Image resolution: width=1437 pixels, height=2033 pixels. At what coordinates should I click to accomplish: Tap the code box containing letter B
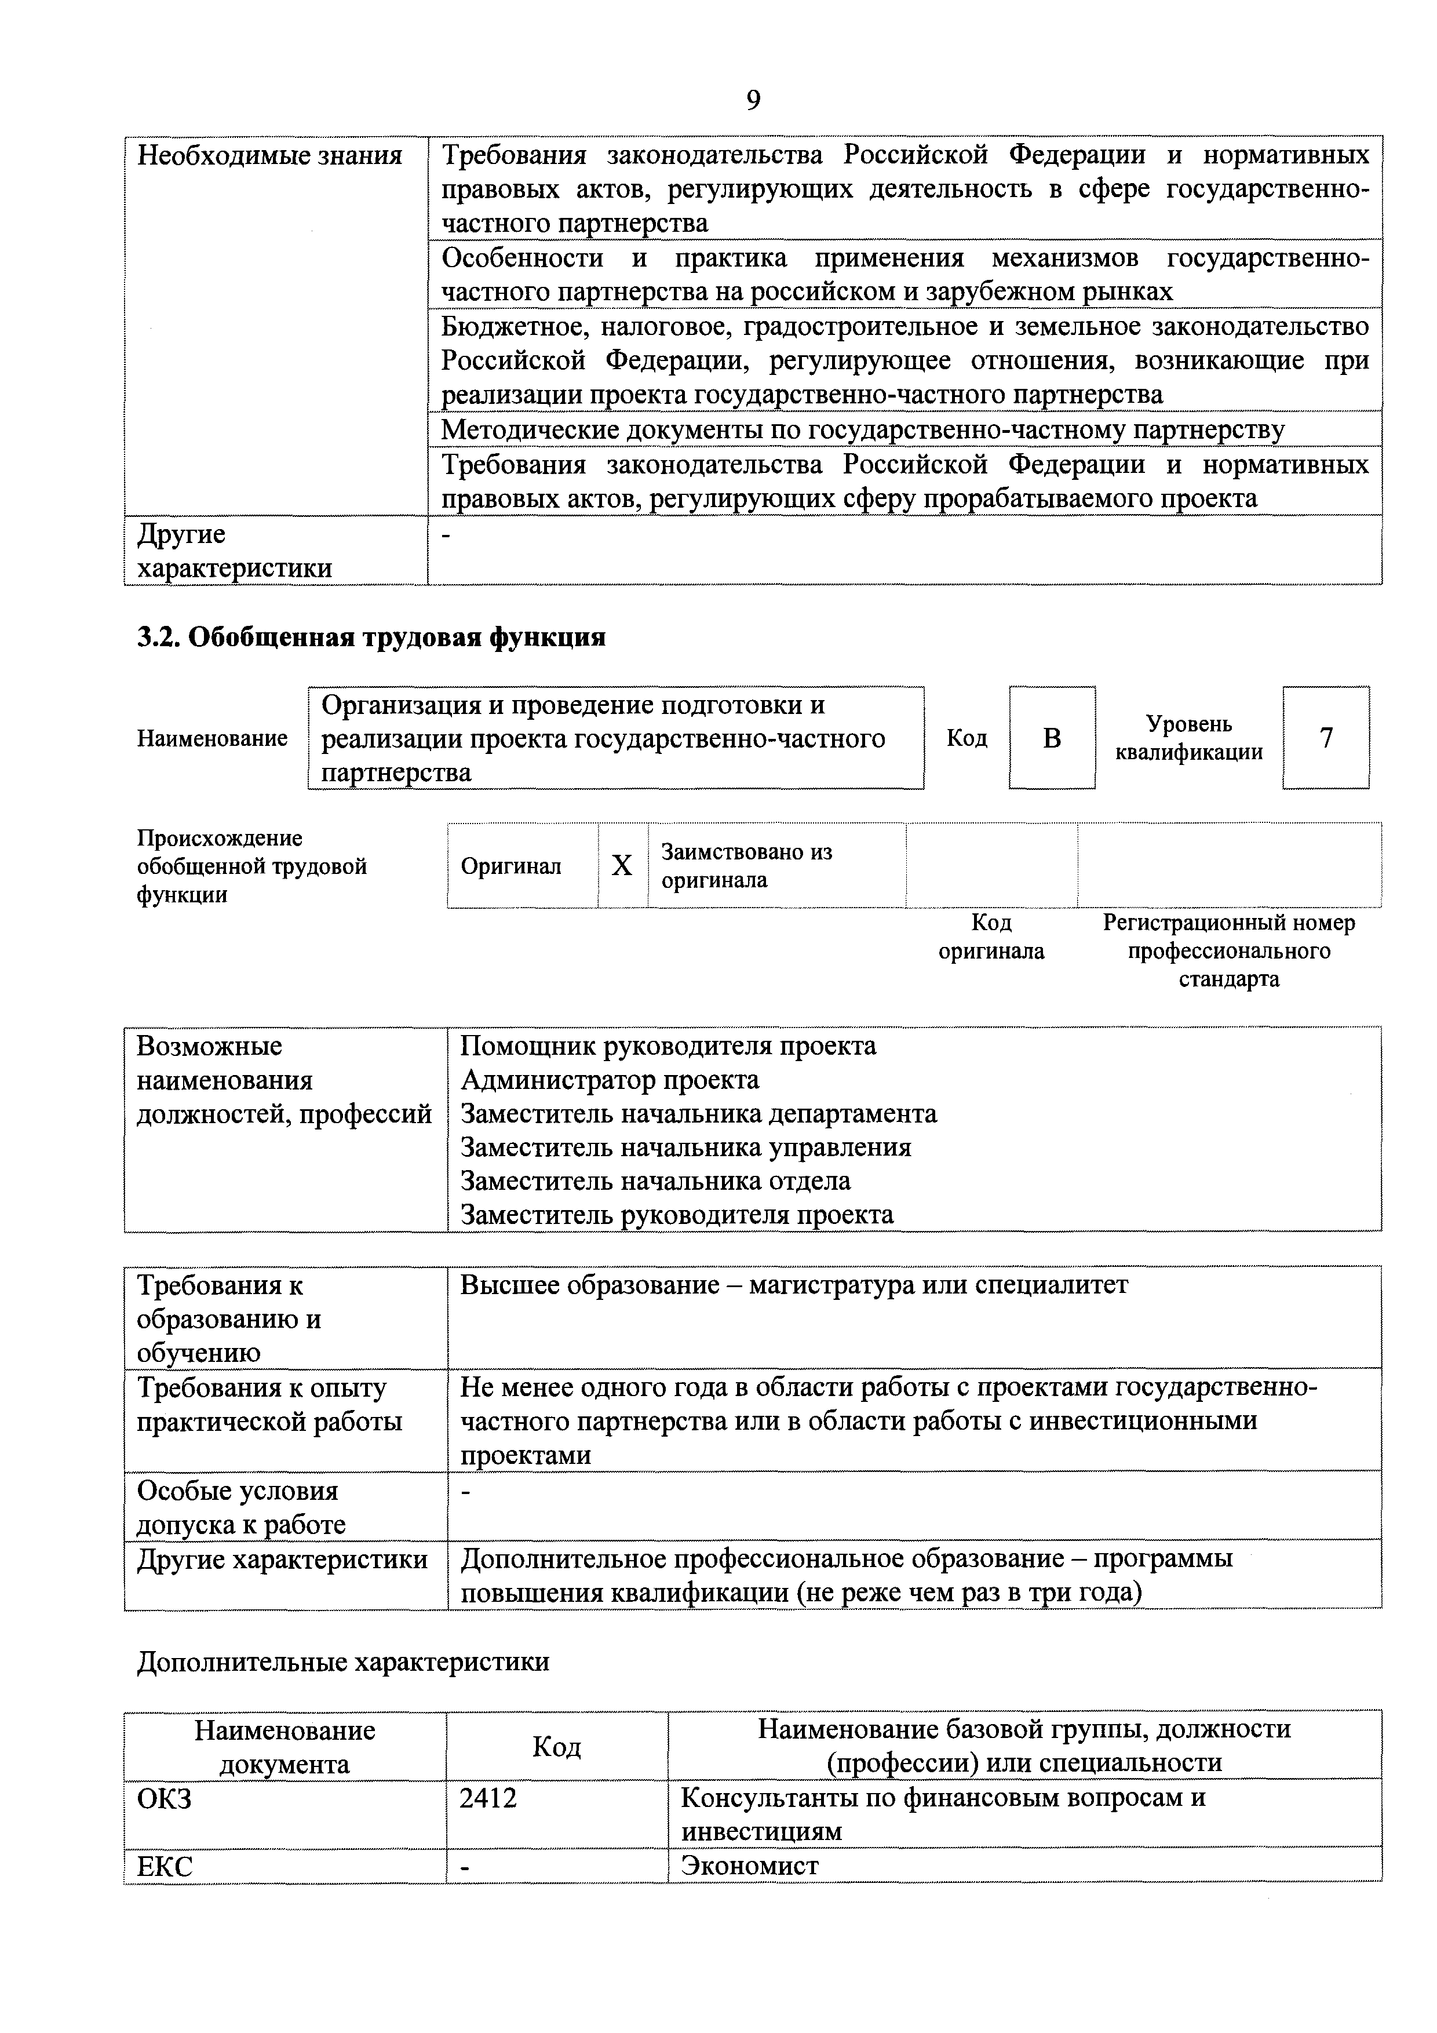pyautogui.click(x=1051, y=738)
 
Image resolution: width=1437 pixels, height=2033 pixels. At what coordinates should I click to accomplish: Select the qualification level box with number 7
pyautogui.click(x=1325, y=738)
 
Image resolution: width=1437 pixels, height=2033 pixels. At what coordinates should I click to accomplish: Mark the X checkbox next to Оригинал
pyautogui.click(x=622, y=865)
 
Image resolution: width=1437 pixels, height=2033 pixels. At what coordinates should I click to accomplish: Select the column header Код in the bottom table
pyautogui.click(x=556, y=1746)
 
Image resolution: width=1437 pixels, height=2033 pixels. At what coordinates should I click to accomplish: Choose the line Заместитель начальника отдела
pyautogui.click(x=655, y=1181)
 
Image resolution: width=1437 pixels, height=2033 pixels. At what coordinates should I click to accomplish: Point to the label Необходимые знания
pyautogui.click(x=269, y=156)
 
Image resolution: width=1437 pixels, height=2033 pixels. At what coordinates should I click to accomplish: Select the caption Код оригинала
pyautogui.click(x=991, y=937)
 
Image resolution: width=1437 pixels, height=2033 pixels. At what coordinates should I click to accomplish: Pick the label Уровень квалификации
pyautogui.click(x=1188, y=738)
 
